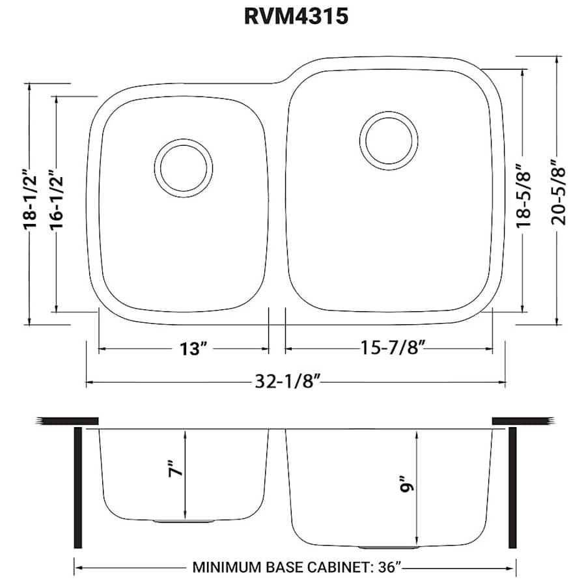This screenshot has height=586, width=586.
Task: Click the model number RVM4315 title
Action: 296,17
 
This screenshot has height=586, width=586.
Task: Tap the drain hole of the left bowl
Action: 183,167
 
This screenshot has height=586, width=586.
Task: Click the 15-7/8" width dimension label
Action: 393,349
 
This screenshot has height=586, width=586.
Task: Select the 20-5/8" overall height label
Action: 557,192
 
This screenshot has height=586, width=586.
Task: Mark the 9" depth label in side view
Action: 407,487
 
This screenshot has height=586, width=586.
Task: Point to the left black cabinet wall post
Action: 79,488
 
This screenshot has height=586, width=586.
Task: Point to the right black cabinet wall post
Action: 512,488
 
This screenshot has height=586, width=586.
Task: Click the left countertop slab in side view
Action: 68,421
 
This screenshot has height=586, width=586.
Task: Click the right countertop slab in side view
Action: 523,421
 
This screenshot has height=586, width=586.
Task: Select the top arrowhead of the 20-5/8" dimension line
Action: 557,59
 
